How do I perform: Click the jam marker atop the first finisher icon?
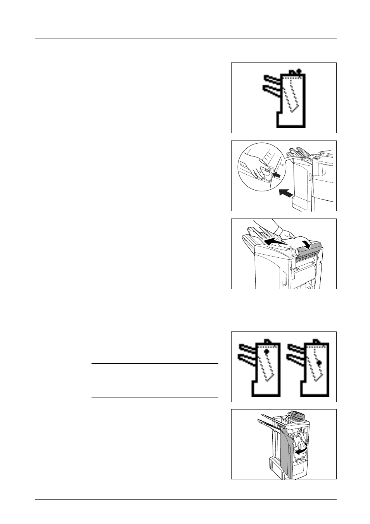tap(298, 71)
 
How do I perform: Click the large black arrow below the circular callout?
tap(285, 193)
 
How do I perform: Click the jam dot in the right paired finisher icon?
tap(319, 363)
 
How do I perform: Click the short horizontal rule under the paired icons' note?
tap(155, 397)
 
